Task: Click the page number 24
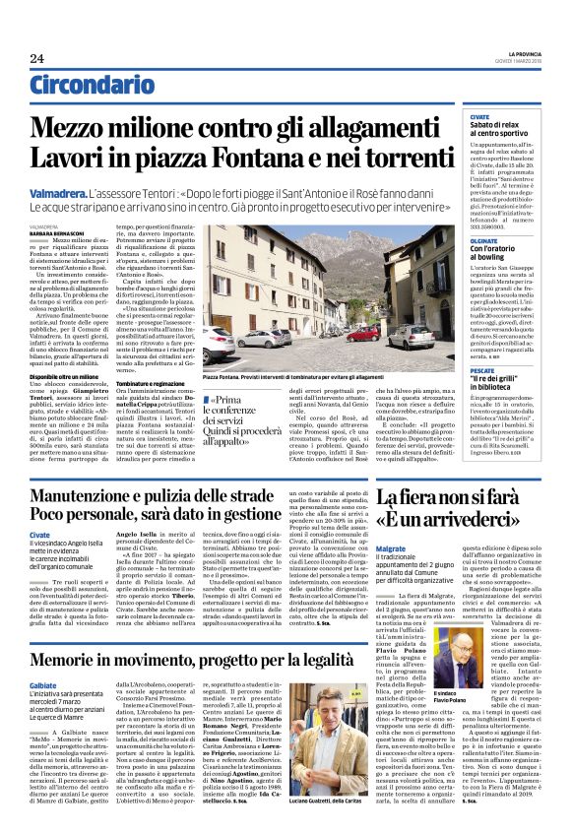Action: (36, 58)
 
